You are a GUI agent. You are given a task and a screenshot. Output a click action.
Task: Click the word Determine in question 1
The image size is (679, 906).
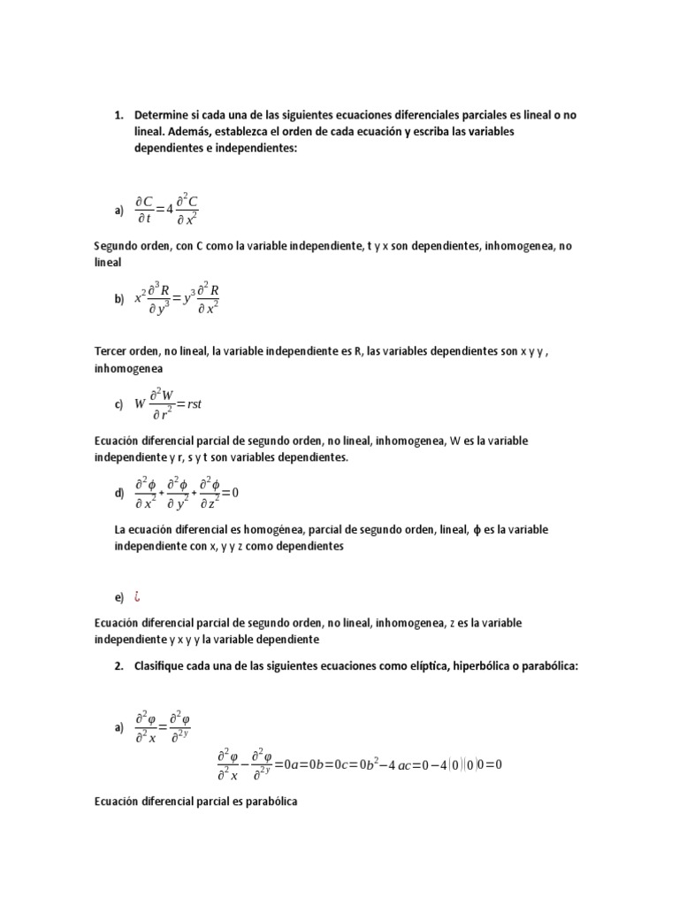tap(163, 116)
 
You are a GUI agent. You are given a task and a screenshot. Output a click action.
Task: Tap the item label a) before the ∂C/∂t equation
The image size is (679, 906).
tap(118, 211)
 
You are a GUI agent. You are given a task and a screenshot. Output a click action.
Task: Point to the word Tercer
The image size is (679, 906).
tap(111, 351)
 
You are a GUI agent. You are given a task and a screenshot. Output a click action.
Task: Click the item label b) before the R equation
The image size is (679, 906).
tap(118, 300)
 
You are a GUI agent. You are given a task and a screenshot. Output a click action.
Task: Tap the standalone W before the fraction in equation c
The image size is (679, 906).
tap(140, 404)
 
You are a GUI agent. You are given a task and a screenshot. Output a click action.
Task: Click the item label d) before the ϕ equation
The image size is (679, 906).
tap(118, 494)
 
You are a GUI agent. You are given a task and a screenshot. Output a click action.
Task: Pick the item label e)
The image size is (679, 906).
tap(118, 598)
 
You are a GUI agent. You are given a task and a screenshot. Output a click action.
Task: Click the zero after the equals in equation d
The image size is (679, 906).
tap(236, 493)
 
